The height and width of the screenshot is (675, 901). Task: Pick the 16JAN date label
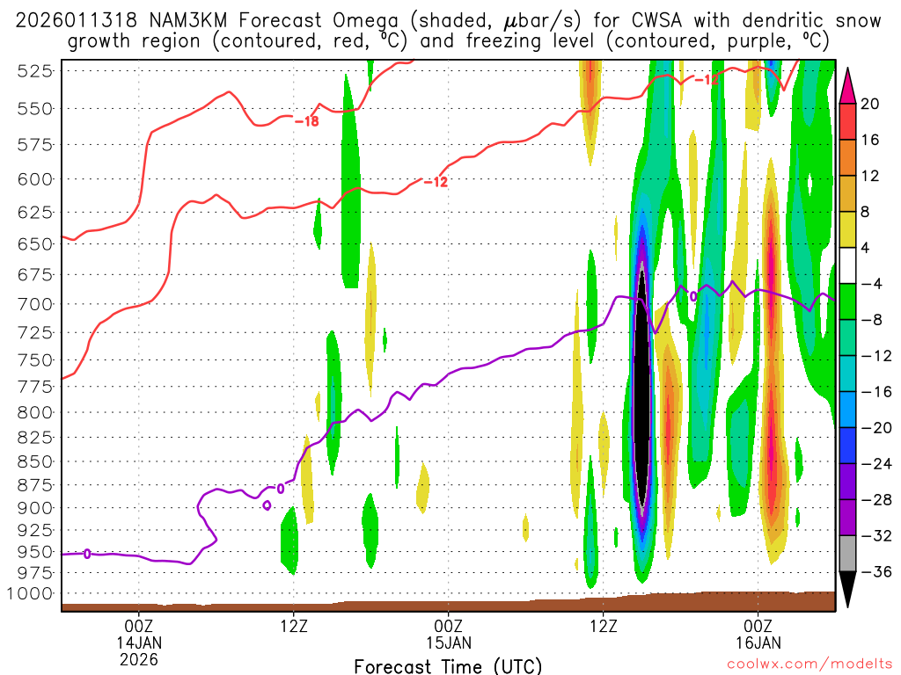pos(758,642)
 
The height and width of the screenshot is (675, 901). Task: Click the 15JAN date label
pos(449,642)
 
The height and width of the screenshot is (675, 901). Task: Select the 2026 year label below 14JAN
pos(139,658)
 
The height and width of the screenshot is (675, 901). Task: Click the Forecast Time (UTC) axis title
pos(448,665)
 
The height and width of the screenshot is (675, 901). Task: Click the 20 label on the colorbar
pos(870,104)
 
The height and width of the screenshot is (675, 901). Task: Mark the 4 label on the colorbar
pos(865,248)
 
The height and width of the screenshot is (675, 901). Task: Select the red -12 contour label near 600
pos(436,182)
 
